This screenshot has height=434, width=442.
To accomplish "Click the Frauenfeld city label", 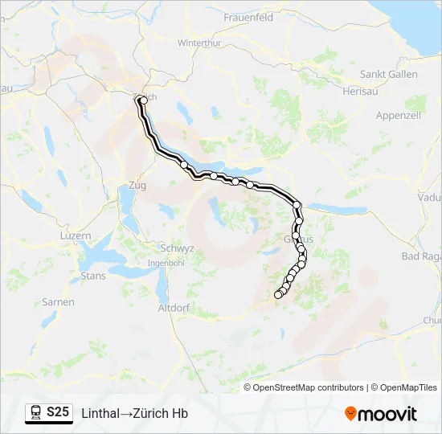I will point(248,17).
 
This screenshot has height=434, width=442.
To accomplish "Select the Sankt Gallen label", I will point(388,74).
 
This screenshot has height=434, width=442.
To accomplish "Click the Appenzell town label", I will point(399,116).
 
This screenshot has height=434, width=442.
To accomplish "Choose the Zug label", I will point(137,186).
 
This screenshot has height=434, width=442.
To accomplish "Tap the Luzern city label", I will point(76,236).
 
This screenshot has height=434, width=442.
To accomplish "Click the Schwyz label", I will point(177,248).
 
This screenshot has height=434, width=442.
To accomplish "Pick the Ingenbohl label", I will point(167,264).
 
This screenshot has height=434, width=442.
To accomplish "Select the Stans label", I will point(93,276).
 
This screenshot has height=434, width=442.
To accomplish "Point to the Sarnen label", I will point(59,302).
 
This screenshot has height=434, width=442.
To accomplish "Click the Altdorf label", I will point(173,308).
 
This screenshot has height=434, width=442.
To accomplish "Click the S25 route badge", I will point(56,412).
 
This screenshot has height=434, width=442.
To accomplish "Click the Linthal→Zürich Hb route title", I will point(135,413).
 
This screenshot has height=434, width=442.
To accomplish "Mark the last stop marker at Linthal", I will point(279,295).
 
